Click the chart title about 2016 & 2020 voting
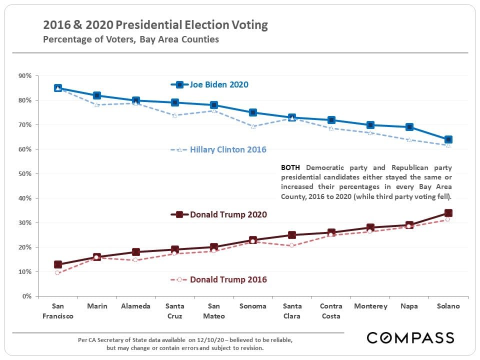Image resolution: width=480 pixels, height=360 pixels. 155,25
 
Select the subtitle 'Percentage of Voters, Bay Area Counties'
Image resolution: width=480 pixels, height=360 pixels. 131,39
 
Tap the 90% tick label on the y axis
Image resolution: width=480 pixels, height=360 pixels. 24,76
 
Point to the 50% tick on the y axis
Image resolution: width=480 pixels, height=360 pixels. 24,174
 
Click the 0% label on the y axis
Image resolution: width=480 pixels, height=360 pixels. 26,296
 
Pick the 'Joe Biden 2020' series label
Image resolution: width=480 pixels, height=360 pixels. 219,84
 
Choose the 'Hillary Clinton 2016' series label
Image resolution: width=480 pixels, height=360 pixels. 228,149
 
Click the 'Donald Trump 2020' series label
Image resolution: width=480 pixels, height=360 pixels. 228,214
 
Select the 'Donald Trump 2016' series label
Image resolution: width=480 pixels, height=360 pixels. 228,279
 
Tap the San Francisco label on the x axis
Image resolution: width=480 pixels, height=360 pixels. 58,311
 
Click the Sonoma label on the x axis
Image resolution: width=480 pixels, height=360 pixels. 253,306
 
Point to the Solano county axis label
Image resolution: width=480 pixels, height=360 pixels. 448,306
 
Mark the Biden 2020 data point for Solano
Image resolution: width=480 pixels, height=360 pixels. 448,139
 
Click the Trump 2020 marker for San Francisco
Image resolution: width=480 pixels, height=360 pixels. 58,264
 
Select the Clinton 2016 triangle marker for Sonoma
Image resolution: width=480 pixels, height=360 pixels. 253,126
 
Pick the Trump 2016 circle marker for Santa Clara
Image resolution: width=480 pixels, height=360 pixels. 292,245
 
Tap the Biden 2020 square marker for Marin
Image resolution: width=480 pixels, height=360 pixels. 97,95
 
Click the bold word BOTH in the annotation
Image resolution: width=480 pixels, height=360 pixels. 290,167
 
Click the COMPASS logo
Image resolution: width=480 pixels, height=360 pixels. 410,338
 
